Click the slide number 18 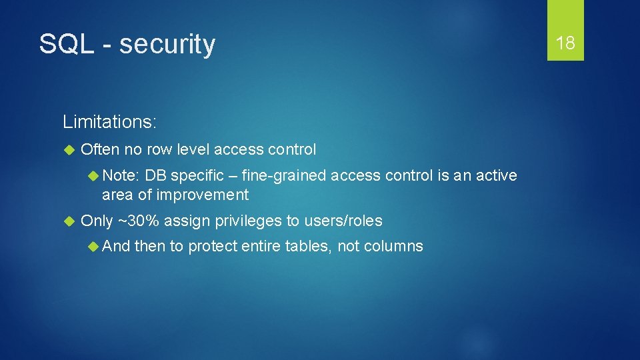tap(565, 44)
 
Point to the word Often tap(100, 149)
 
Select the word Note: tap(121, 175)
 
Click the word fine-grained tap(284, 175)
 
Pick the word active tap(495, 175)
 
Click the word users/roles tap(343, 221)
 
